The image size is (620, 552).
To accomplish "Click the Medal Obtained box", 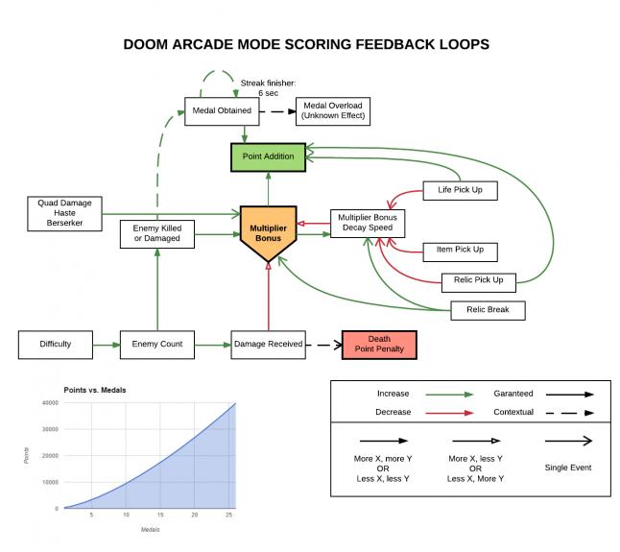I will click(x=222, y=110).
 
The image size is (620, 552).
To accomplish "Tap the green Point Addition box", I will click(x=268, y=156).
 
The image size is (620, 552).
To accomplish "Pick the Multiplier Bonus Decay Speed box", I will click(x=369, y=224).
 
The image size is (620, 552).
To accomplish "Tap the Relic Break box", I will click(x=489, y=310).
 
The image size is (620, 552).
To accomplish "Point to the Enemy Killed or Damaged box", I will click(x=157, y=233).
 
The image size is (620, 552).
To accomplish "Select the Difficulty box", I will click(x=56, y=344).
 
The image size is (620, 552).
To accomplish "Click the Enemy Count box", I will click(x=157, y=344).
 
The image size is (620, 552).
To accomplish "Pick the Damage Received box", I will click(x=268, y=344).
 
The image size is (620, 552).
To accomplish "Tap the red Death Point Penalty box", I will click(x=379, y=344).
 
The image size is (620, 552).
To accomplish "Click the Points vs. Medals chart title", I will click(x=96, y=390).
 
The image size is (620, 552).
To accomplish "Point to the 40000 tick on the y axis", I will click(x=47, y=403).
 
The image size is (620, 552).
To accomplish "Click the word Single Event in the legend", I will click(x=569, y=468).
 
